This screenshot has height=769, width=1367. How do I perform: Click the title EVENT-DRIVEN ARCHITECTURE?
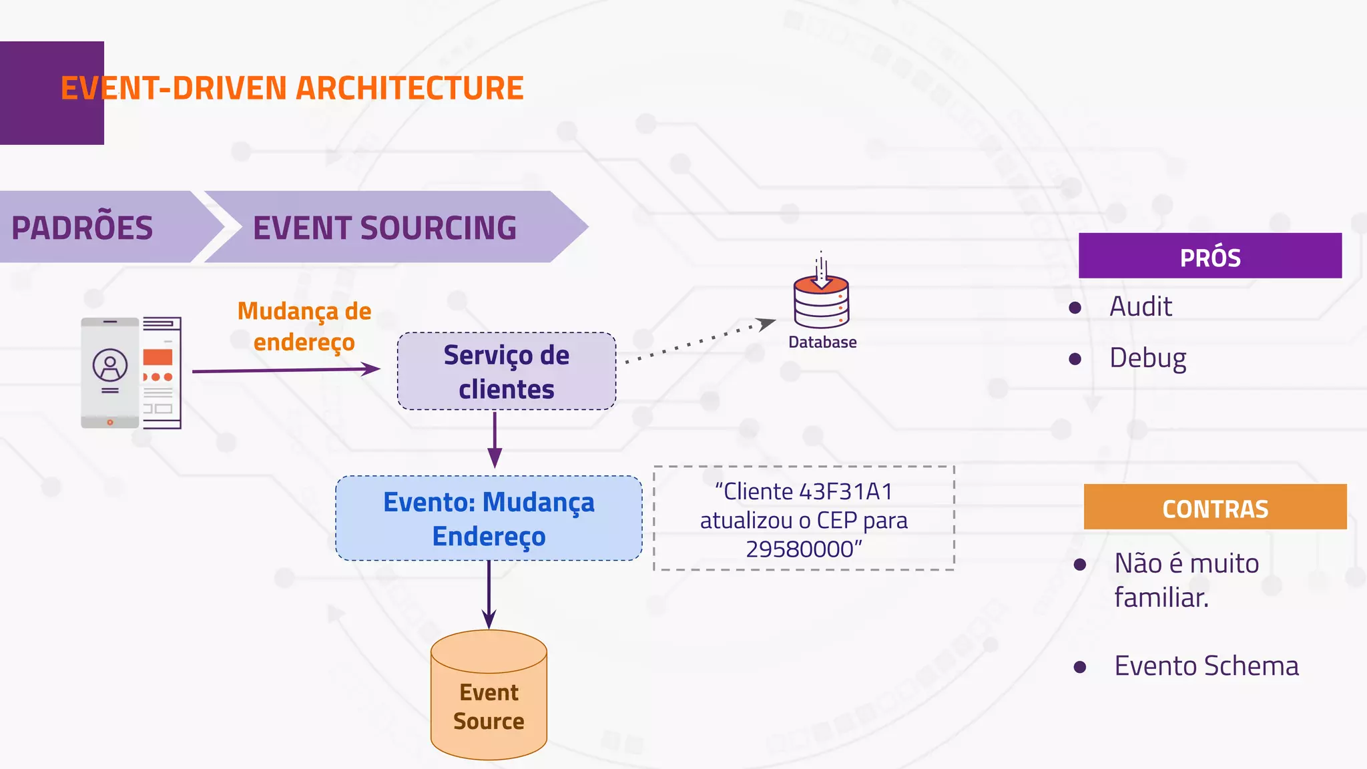tap(292, 88)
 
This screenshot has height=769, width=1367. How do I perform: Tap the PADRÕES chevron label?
tap(82, 228)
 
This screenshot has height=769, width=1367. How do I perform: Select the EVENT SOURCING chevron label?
tap(384, 228)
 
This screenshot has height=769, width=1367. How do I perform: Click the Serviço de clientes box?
tap(506, 372)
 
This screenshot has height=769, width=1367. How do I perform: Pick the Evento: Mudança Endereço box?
tap(489, 519)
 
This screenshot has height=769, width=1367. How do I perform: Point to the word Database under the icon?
tap(822, 342)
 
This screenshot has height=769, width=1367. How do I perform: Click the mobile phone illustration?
tap(110, 372)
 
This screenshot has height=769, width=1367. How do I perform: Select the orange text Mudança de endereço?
tap(304, 326)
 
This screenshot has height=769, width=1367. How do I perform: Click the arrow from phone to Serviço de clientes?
tap(286, 370)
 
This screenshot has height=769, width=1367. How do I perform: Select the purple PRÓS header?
tap(1209, 256)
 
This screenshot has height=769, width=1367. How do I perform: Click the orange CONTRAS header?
tap(1215, 508)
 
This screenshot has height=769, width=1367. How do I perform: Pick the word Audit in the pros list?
tap(1140, 306)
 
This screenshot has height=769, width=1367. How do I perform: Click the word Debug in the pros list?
tap(1147, 358)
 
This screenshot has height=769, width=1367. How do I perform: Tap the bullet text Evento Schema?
tap(1206, 666)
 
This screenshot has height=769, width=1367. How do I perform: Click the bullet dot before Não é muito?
tap(1080, 565)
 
